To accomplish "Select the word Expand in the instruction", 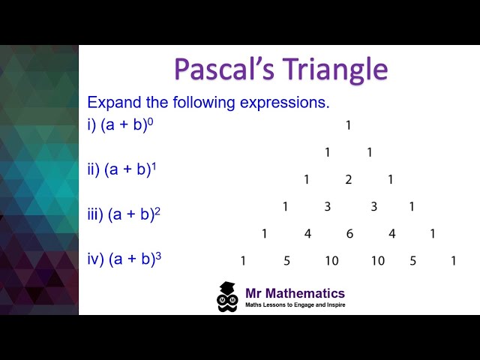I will (x=112, y=102).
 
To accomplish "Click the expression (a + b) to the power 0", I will (x=127, y=125).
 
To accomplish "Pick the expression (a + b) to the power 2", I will (x=134, y=214).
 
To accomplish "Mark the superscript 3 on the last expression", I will (x=158, y=256).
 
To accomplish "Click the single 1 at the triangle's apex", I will (x=348, y=126).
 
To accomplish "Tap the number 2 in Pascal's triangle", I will (x=348, y=179).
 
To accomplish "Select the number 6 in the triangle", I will (x=349, y=234).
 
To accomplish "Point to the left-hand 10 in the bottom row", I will (x=331, y=261).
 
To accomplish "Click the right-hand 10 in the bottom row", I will (x=377, y=261).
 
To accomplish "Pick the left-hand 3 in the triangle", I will (x=327, y=207).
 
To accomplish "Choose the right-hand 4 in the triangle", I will (x=391, y=234).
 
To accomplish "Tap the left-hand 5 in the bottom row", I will (x=286, y=261).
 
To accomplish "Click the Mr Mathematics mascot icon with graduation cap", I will (x=227, y=296).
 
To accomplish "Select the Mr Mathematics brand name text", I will (x=295, y=293).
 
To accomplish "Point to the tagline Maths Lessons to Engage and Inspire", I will (x=295, y=305).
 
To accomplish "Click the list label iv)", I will (x=96, y=259).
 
